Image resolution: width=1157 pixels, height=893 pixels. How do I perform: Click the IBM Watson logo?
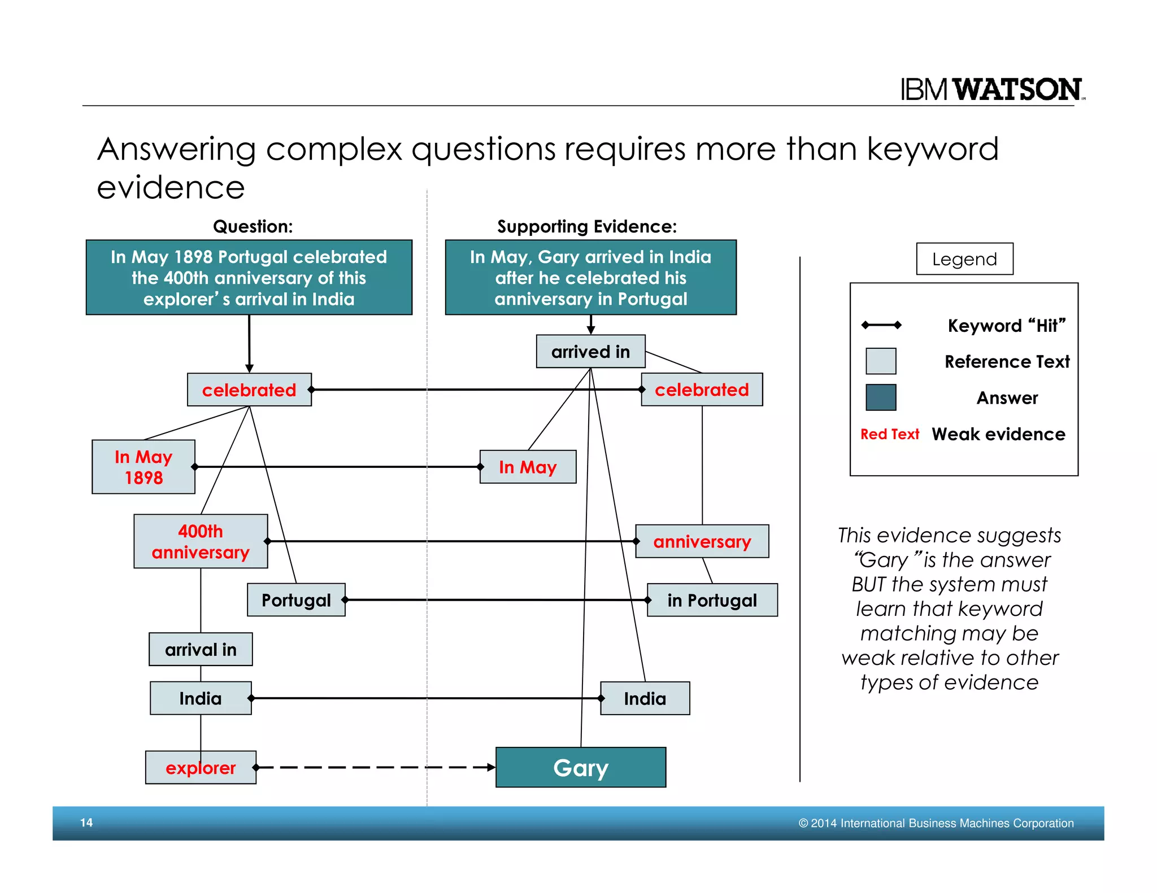click(992, 89)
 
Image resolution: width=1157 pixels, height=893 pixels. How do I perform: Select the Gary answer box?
click(580, 767)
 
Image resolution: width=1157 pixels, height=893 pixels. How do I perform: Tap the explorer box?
click(201, 767)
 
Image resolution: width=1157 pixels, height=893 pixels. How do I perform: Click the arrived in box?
click(590, 352)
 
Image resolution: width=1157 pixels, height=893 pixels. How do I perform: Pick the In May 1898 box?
click(143, 467)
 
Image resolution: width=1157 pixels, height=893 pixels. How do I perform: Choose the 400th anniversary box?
click(201, 541)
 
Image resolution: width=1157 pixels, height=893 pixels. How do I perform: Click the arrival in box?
click(201, 649)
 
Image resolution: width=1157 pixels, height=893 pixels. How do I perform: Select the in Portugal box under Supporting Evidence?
click(712, 600)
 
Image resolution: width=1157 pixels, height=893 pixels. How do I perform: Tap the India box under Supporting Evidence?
click(645, 698)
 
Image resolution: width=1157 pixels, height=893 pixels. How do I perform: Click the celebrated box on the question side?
click(249, 389)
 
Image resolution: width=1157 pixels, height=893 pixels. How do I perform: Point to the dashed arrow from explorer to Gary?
click(376, 767)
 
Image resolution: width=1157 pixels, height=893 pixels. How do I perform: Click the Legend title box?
click(964, 259)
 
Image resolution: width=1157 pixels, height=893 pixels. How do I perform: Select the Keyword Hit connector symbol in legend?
click(881, 325)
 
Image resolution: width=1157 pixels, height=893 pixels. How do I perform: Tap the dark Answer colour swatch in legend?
click(881, 397)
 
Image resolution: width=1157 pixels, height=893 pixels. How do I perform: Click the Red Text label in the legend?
click(889, 434)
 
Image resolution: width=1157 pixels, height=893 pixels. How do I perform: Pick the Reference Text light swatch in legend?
click(881, 361)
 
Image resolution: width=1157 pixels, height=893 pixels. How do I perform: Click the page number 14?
click(86, 822)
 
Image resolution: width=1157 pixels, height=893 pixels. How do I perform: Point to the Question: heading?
click(253, 226)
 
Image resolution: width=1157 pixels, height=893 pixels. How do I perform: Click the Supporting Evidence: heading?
click(586, 226)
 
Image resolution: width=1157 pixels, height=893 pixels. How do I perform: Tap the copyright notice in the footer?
click(936, 823)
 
